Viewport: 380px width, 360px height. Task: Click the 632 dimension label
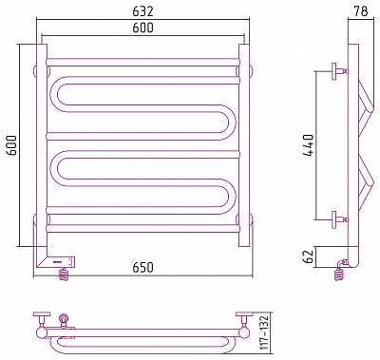point(142,11)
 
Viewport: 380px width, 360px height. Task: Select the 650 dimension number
point(142,268)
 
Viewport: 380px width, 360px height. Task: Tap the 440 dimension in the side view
point(308,145)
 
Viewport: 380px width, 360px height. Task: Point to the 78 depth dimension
point(361,11)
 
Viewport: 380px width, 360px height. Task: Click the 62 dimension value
point(308,256)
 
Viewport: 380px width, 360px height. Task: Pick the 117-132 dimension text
point(264,332)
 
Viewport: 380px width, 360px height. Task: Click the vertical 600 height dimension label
point(12,145)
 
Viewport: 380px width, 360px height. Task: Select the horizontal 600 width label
point(142,28)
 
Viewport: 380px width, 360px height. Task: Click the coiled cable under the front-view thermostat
point(65,274)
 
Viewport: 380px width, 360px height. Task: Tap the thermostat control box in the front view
point(56,262)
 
